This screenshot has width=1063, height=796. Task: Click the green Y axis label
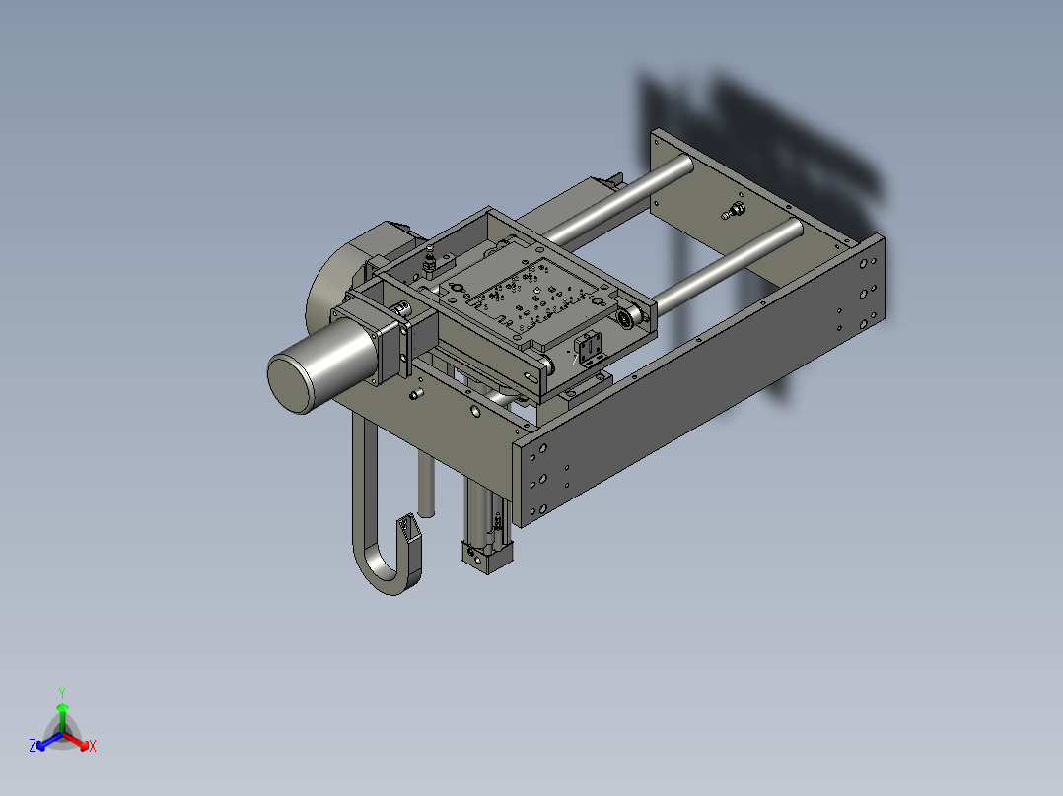(62, 693)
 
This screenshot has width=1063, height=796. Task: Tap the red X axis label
(93, 747)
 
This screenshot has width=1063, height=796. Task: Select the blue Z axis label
(33, 747)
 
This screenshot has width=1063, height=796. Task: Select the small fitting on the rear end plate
(733, 210)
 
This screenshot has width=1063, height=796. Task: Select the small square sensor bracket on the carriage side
(589, 350)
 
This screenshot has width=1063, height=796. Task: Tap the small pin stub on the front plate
(415, 394)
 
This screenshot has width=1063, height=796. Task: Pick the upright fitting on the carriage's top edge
(430, 261)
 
